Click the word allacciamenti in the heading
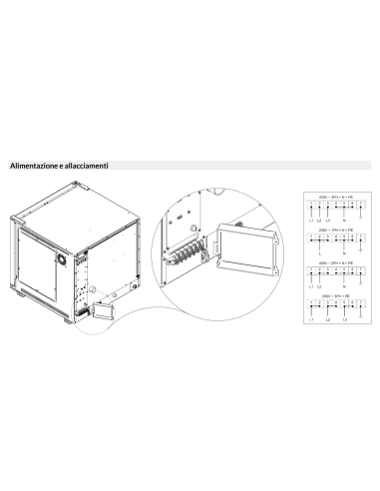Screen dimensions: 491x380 coord(86,165)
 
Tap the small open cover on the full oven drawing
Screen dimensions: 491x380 coord(100,311)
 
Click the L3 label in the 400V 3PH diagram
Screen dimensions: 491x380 coord(327,220)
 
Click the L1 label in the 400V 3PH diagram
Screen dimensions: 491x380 coord(310,220)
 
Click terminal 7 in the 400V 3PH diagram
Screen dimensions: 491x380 coord(362,205)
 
